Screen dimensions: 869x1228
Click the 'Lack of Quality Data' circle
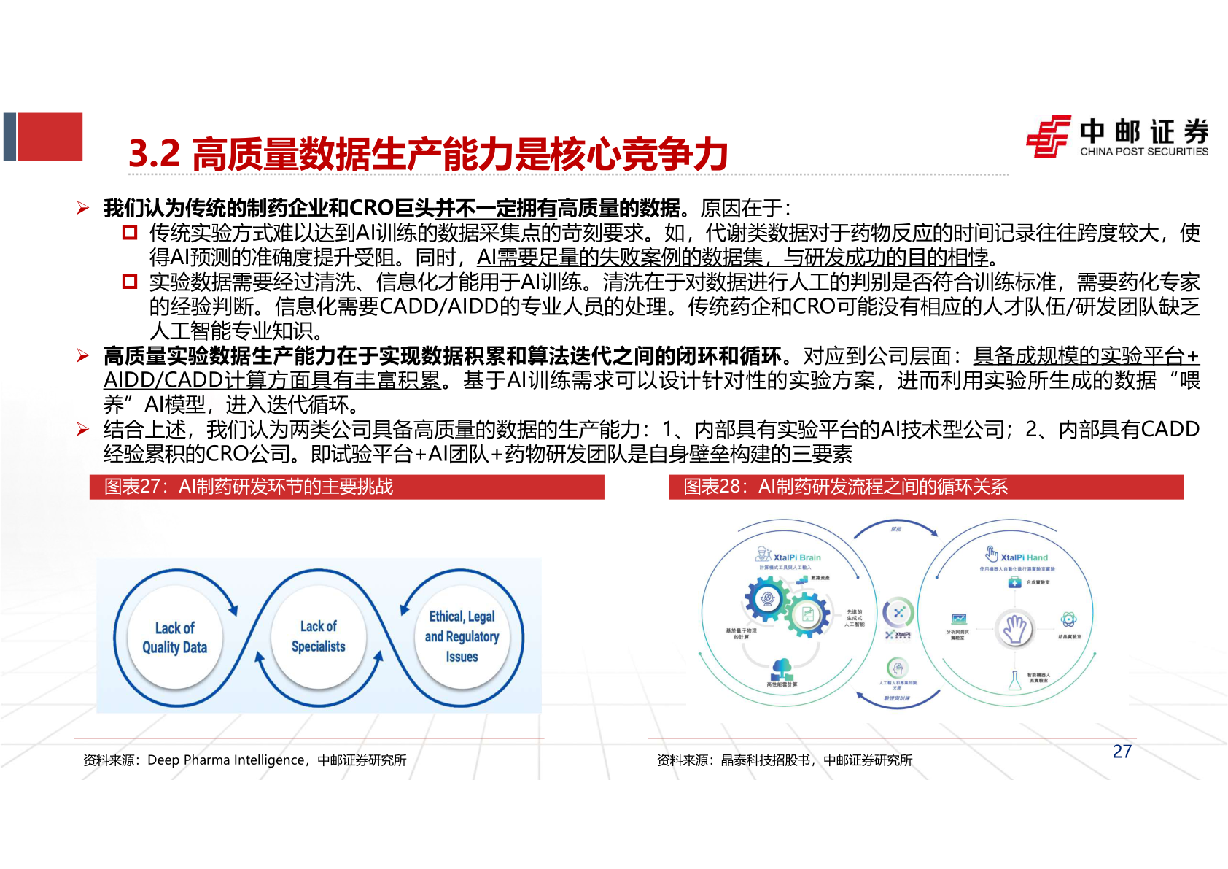(174, 638)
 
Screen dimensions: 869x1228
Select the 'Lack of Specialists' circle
(318, 636)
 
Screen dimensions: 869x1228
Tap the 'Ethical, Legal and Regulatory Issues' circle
(462, 636)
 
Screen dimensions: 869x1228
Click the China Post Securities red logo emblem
(1049, 136)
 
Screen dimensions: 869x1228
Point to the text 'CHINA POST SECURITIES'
(1143, 152)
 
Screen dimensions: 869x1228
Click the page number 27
(1122, 752)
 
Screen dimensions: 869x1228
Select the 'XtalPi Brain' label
(796, 557)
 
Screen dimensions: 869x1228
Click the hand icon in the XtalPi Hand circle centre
(1014, 628)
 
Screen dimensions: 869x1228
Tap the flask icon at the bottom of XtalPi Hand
(1014, 681)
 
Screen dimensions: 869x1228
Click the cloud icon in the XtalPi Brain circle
(782, 667)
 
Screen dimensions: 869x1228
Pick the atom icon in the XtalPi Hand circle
(1068, 619)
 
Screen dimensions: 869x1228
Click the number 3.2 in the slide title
(154, 154)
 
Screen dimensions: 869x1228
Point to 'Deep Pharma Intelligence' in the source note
(226, 760)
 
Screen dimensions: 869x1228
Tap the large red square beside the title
(50, 136)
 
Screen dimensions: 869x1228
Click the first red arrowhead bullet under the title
(83, 209)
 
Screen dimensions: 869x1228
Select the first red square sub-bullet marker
(130, 233)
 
